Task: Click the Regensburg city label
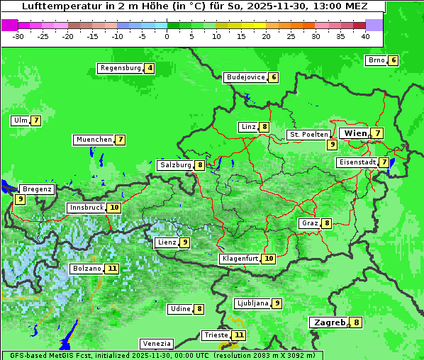[120, 68]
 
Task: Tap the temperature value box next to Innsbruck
[114, 208]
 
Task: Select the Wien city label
[355, 133]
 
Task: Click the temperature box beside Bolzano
[112, 269]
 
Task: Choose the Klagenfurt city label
[239, 259]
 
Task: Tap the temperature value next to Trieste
[239, 334]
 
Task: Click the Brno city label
[376, 60]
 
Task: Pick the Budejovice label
[245, 77]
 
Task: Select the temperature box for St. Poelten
[332, 144]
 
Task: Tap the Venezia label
[156, 344]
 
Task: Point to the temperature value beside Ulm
[36, 120]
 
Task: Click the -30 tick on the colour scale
[18, 35]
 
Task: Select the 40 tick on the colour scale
[365, 35]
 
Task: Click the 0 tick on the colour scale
[167, 35]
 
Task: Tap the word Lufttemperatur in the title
[54, 6]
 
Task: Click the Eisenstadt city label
[357, 162]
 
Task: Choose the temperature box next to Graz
[326, 223]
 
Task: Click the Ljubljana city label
[252, 303]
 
